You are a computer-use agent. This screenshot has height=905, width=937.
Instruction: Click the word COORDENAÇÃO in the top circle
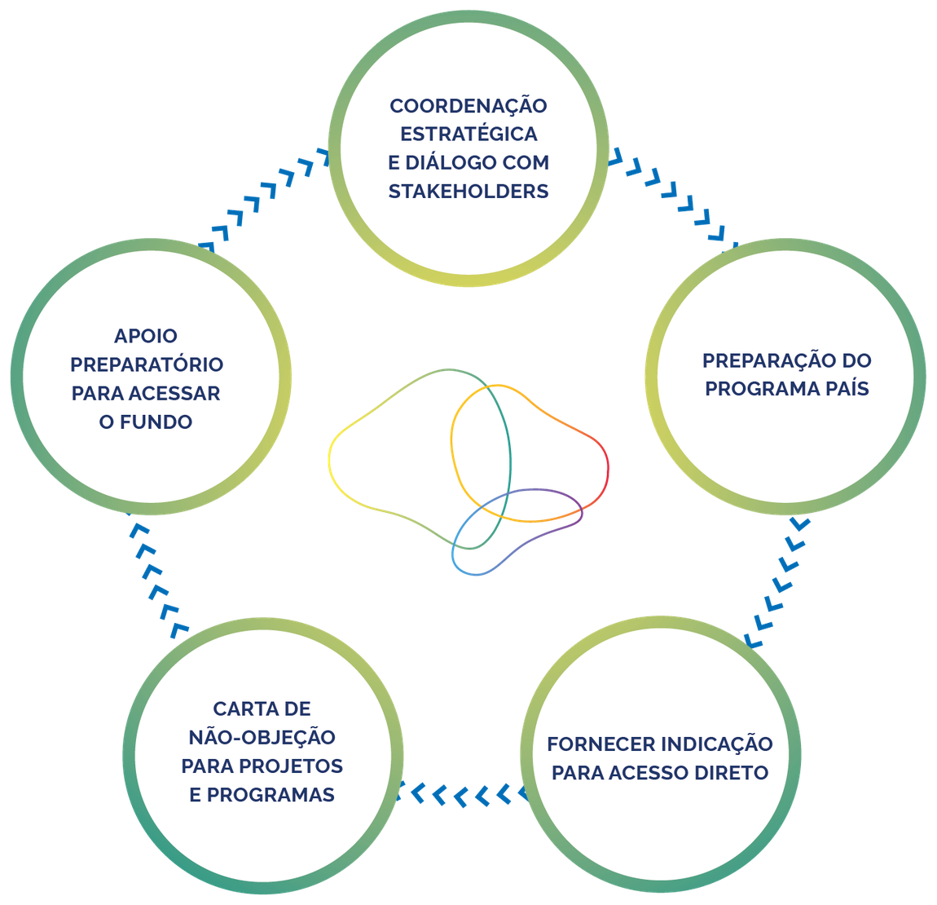tap(468, 106)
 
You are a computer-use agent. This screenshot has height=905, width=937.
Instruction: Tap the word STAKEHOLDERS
tap(468, 192)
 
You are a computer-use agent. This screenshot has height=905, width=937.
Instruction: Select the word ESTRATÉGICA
tap(468, 135)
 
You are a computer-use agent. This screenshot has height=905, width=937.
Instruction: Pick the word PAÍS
tap(847, 389)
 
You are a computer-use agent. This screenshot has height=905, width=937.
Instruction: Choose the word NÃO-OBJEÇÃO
tap(262, 738)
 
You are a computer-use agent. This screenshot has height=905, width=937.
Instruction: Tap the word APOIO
tap(146, 336)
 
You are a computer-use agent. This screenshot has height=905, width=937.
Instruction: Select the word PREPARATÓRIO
tap(146, 364)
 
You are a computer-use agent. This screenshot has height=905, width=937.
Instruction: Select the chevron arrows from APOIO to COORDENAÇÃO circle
tap(265, 199)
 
